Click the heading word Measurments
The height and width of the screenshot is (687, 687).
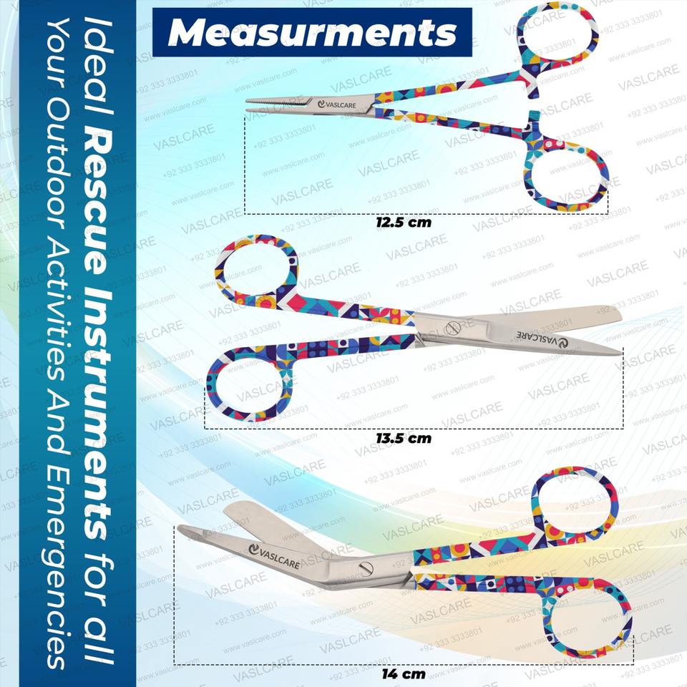pyautogui.click(x=313, y=32)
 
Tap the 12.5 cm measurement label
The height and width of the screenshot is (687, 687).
pyautogui.click(x=404, y=222)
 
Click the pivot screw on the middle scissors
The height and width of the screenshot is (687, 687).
pyautogui.click(x=452, y=328)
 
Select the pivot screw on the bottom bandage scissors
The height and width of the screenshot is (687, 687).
pyautogui.click(x=366, y=569)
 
